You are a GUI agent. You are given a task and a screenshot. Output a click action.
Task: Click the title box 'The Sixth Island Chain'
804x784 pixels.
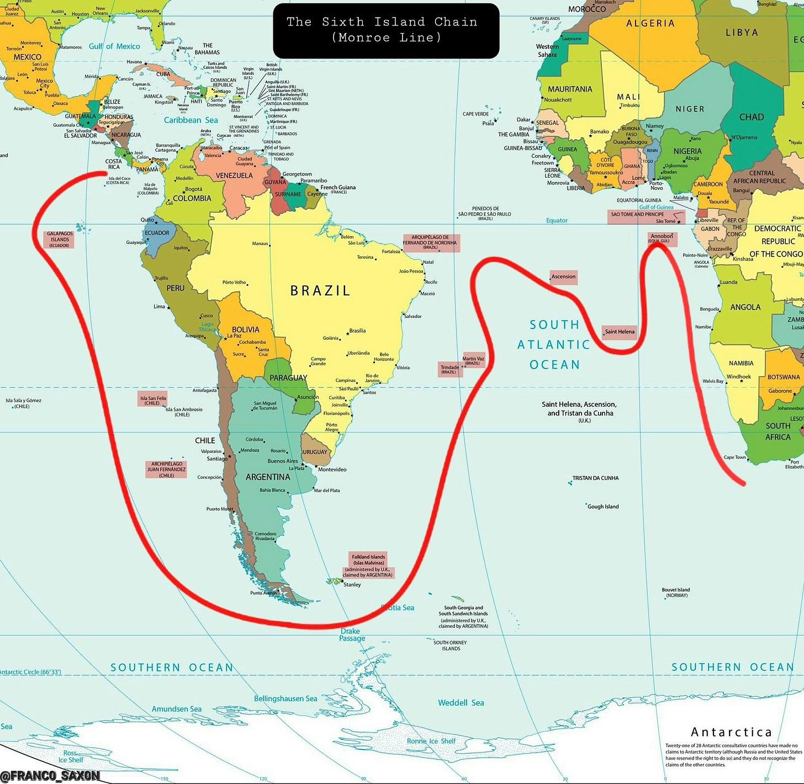point(386,30)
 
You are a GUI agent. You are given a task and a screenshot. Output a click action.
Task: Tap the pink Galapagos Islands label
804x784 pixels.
point(59,239)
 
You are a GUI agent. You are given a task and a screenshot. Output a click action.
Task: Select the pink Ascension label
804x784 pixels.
point(563,276)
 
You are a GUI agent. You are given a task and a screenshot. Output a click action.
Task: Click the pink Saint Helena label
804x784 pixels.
point(619,332)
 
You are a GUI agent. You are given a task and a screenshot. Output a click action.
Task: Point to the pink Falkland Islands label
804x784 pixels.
point(368,566)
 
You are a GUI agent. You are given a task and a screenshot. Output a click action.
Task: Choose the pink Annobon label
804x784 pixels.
point(661,238)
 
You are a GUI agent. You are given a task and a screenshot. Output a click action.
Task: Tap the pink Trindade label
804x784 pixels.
point(449,369)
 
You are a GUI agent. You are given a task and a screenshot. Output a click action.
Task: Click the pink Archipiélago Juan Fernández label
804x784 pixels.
point(166,470)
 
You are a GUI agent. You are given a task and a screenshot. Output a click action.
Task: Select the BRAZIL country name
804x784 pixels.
point(320,291)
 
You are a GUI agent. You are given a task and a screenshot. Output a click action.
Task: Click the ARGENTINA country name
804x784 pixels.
point(268,477)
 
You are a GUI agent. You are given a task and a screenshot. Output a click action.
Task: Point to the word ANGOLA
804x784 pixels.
point(745,307)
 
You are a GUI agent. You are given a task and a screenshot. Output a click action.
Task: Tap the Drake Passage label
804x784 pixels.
point(351,634)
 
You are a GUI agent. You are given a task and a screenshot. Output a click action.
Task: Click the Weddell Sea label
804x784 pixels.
point(461,703)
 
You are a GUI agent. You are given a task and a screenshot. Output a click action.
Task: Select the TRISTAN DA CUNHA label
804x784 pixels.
point(595,478)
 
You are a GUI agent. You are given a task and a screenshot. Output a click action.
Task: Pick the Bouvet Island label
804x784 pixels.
point(675,592)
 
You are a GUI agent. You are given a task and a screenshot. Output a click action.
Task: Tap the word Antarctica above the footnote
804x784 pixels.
point(731,732)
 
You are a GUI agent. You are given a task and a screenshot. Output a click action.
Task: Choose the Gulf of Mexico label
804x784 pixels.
point(114,46)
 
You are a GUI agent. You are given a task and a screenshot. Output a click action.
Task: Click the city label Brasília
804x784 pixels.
point(357,331)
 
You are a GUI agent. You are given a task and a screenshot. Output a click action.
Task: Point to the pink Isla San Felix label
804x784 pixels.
point(153,400)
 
